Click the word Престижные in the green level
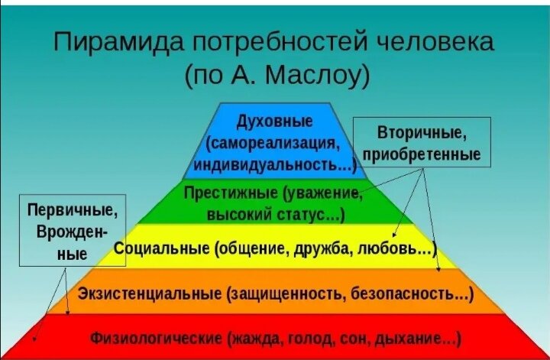pos(231,193)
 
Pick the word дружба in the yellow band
pos(325,248)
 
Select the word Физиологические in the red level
pos(156,337)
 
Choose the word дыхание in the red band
pos(409,337)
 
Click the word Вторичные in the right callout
pos(422,134)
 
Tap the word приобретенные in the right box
pos(422,154)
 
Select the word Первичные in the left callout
pos(72,209)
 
